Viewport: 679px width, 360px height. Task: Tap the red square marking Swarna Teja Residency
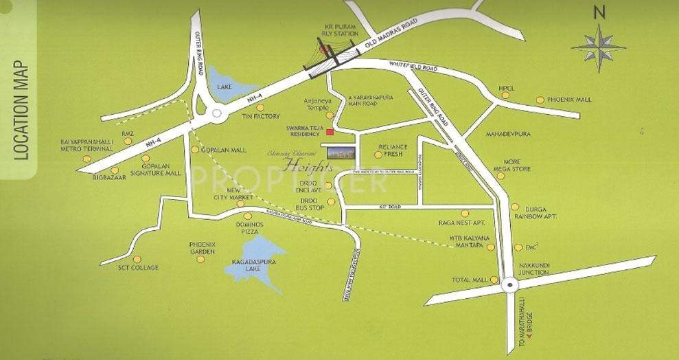(330, 131)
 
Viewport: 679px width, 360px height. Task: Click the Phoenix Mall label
(569, 100)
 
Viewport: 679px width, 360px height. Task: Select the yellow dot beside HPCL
(505, 96)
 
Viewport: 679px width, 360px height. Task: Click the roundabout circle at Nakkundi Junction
(509, 285)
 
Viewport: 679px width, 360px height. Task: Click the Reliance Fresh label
(393, 150)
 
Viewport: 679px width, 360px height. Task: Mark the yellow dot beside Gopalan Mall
(195, 149)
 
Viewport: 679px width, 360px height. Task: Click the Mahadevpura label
(509, 133)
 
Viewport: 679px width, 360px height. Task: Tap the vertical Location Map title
(21, 110)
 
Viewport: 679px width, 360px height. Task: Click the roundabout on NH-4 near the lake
(218, 114)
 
